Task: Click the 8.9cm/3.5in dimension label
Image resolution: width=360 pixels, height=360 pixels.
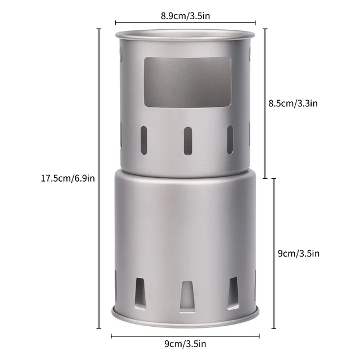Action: tap(185, 16)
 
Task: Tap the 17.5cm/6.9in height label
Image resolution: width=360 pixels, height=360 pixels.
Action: tap(67, 178)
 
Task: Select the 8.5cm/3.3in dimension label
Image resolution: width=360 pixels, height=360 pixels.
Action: tap(294, 103)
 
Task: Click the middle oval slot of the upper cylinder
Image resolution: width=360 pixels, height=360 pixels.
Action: tap(187, 140)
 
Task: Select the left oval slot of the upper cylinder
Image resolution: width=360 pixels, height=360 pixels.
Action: tap(144, 139)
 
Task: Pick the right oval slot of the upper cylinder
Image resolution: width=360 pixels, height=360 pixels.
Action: tap(229, 139)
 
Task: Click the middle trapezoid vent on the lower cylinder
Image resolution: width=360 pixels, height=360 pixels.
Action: tap(187, 295)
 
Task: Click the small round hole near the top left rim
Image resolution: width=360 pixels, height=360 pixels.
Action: tap(123, 56)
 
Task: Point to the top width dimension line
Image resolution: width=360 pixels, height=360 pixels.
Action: tap(185, 24)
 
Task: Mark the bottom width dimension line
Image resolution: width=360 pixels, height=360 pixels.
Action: tap(186, 336)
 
